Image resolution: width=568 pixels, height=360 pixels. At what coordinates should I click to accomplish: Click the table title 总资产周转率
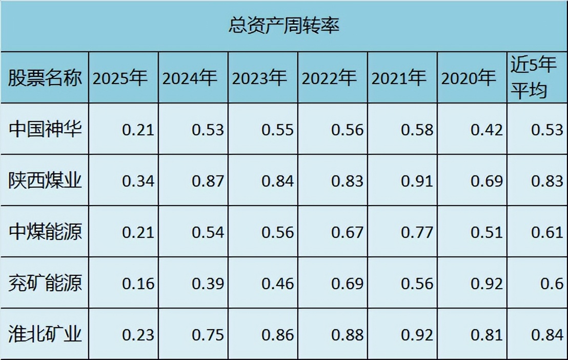(x=283, y=26)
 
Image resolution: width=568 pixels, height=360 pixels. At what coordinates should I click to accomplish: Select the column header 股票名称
(x=45, y=78)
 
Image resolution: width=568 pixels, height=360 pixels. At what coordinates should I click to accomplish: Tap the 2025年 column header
(x=120, y=78)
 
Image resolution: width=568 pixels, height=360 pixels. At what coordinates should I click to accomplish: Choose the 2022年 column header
(x=329, y=78)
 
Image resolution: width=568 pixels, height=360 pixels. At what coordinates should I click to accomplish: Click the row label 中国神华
(x=45, y=129)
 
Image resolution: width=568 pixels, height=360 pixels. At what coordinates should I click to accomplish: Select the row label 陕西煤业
(x=45, y=181)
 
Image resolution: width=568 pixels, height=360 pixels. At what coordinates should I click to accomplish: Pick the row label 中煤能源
(x=45, y=232)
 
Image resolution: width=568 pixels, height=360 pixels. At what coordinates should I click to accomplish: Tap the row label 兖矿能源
(x=45, y=283)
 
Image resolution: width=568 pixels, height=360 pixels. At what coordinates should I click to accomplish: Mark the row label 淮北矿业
(x=45, y=334)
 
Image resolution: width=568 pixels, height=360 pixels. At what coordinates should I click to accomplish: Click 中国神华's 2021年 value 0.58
(x=417, y=130)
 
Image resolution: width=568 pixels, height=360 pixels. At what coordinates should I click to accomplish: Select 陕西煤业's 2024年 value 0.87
(x=208, y=181)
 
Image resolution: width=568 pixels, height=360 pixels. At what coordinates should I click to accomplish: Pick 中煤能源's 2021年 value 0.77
(x=417, y=232)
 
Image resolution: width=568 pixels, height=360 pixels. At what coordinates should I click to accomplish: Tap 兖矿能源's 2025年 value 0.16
(x=138, y=284)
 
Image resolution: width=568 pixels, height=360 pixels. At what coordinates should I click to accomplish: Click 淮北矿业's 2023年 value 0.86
(x=277, y=335)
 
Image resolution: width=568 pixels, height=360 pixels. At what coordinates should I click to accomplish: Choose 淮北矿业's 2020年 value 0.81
(x=486, y=335)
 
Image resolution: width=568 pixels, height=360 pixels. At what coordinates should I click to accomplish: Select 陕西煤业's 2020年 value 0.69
(x=486, y=181)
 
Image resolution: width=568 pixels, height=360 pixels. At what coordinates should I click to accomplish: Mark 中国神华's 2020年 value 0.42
(x=486, y=130)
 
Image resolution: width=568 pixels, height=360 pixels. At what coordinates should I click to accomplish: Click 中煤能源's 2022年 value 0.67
(x=347, y=232)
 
